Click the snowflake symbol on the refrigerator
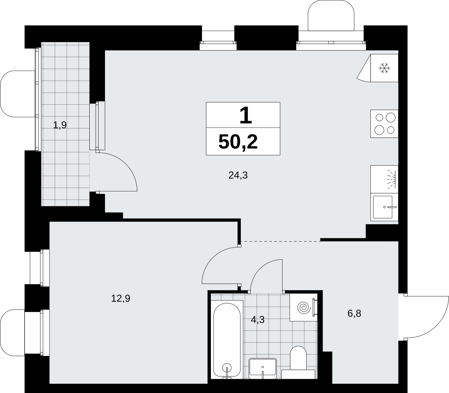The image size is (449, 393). coord(384,68)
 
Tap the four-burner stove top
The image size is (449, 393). coord(384,124)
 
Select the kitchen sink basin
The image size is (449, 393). coord(383,207)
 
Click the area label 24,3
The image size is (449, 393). coord(238,175)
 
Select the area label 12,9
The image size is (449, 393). coord(121,298)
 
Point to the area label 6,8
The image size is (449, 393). coord(354,313)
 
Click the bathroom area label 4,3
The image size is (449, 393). coord(258,319)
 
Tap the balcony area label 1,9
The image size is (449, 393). coord(60,125)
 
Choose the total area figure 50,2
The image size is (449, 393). coord(238,142)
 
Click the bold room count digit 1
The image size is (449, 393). coord(245,115)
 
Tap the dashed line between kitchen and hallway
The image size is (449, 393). coord(281,241)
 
